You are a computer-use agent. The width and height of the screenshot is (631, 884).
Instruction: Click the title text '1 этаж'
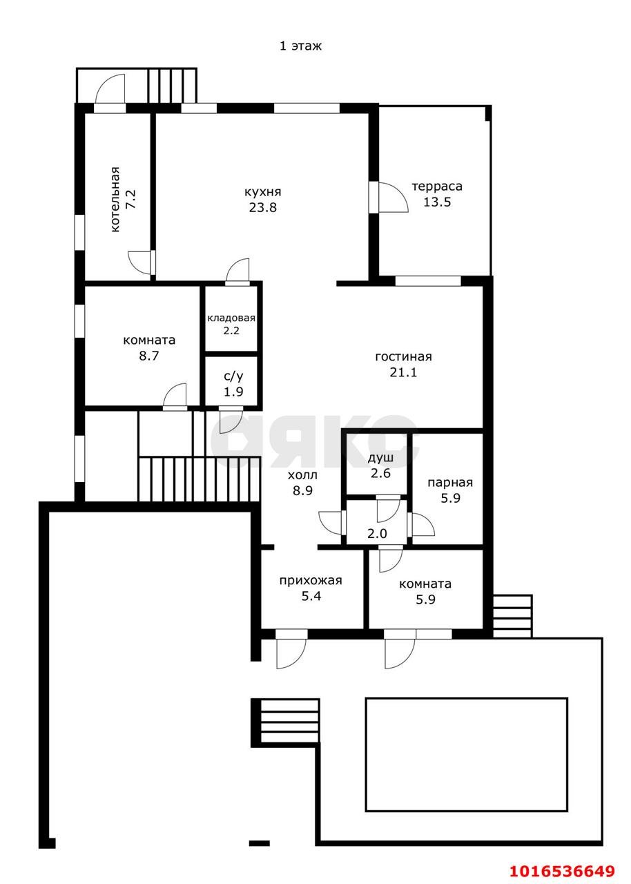(300, 46)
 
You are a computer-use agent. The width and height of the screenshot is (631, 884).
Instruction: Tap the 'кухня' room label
(262, 192)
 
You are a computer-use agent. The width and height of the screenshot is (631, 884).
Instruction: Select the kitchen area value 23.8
(262, 207)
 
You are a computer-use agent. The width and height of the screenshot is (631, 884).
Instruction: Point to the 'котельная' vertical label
(115, 200)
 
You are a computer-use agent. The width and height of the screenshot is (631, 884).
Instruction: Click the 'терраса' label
(437, 186)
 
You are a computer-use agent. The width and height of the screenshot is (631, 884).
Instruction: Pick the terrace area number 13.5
(437, 202)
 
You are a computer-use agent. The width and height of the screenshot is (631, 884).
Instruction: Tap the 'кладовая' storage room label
(231, 318)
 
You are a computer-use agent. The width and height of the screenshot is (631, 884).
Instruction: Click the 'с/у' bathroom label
(233, 376)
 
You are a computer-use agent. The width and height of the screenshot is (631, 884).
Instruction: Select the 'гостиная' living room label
(403, 357)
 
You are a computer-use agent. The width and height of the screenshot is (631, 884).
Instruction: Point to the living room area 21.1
(403, 372)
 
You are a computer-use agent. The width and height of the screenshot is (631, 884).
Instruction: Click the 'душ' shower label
(380, 458)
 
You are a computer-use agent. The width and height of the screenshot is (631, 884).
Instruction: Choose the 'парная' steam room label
(450, 483)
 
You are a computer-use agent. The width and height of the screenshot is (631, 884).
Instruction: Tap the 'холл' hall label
(302, 476)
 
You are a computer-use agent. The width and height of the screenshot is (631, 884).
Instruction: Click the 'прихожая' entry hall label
(311, 581)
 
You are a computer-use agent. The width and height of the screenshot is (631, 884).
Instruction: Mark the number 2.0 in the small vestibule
(377, 534)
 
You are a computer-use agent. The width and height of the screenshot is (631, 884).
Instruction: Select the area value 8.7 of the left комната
(148, 356)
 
